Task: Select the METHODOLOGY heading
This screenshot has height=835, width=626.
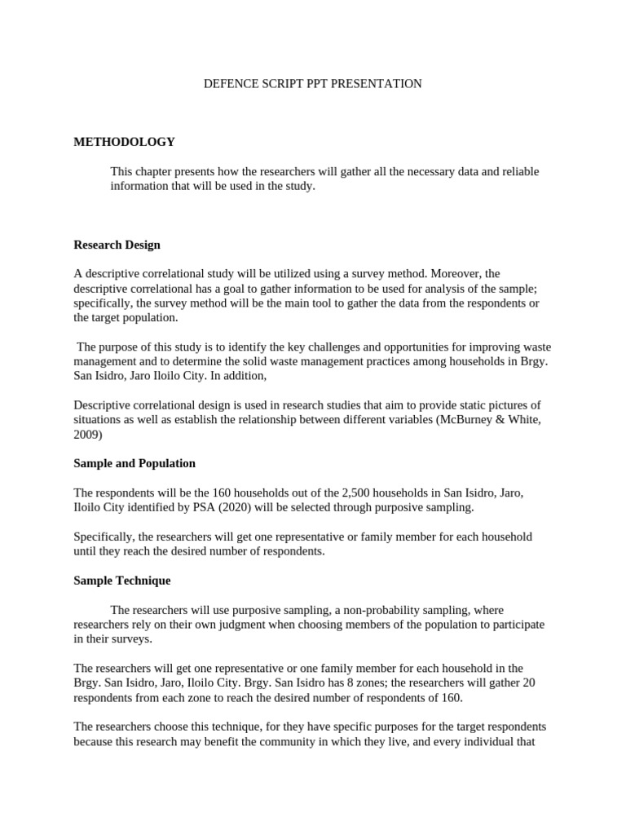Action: (x=124, y=142)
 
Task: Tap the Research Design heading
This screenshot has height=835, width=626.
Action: (x=117, y=245)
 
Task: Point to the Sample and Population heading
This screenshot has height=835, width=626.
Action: (x=134, y=463)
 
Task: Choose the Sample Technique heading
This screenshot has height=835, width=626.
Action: (x=122, y=581)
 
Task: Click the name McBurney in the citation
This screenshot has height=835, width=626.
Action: (x=461, y=420)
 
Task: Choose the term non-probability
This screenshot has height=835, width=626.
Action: (x=382, y=610)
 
